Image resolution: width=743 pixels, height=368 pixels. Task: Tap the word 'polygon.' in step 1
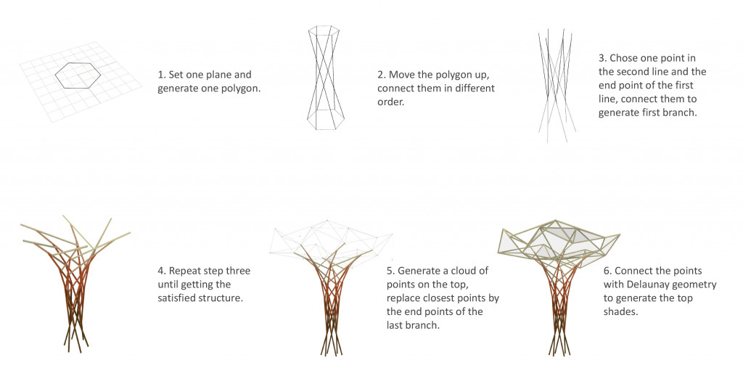(x=242, y=89)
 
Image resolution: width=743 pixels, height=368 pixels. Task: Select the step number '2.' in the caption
(x=382, y=75)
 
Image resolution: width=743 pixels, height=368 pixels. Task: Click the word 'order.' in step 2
(x=390, y=102)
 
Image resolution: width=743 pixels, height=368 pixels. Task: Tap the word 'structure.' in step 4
(x=223, y=299)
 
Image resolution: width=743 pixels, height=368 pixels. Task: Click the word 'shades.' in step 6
(x=620, y=312)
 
